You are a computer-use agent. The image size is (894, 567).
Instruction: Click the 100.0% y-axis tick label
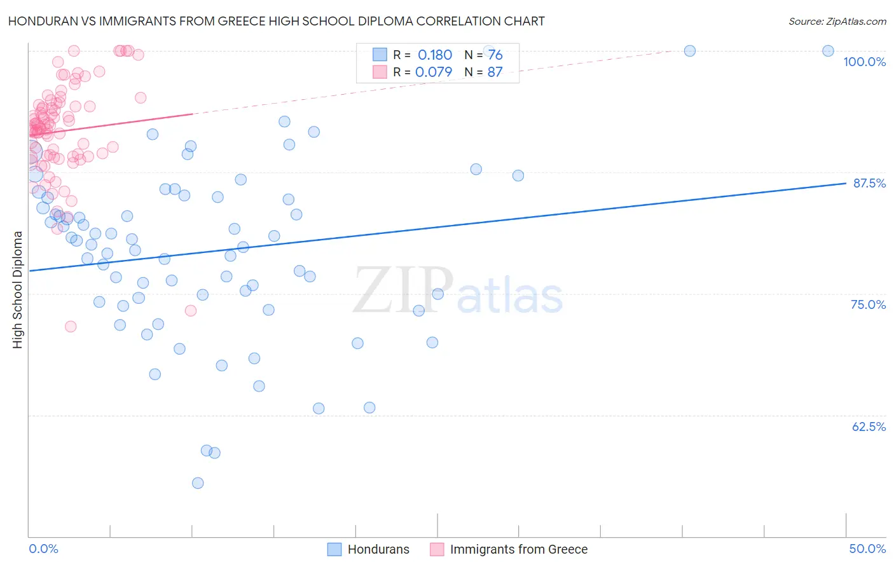864,62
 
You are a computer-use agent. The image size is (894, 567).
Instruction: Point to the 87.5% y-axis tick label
869,183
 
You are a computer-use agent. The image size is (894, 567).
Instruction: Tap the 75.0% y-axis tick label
868,304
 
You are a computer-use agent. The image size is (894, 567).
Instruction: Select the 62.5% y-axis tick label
869,427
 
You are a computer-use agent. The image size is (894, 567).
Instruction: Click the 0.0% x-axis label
43,549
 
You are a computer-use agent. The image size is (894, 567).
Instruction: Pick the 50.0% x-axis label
867,549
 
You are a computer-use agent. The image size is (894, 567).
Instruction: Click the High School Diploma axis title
18,289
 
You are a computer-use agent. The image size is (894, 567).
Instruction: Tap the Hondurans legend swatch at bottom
334,549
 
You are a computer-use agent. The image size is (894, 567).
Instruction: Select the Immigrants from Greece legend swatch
437,549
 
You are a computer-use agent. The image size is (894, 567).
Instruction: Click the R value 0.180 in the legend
435,55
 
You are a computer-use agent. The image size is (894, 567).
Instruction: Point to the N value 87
495,72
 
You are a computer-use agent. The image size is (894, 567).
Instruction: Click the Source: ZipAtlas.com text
837,21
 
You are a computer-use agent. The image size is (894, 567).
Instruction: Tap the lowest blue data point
198,483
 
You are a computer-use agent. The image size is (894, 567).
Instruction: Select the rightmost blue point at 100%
828,51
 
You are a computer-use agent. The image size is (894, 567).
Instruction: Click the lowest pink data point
71,326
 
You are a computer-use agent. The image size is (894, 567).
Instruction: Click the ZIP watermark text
402,291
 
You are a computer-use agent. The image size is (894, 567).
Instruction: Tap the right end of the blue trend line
846,183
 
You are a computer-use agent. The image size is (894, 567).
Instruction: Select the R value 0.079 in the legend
434,72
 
